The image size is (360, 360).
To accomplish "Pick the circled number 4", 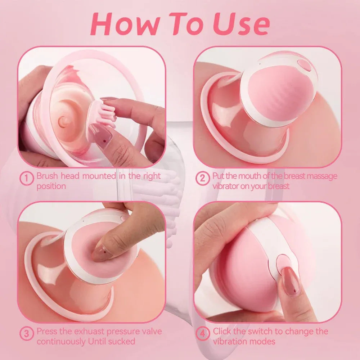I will (202, 333).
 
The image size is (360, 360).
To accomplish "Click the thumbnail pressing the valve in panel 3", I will (101, 253).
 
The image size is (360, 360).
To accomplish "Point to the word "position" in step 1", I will (51, 186).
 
